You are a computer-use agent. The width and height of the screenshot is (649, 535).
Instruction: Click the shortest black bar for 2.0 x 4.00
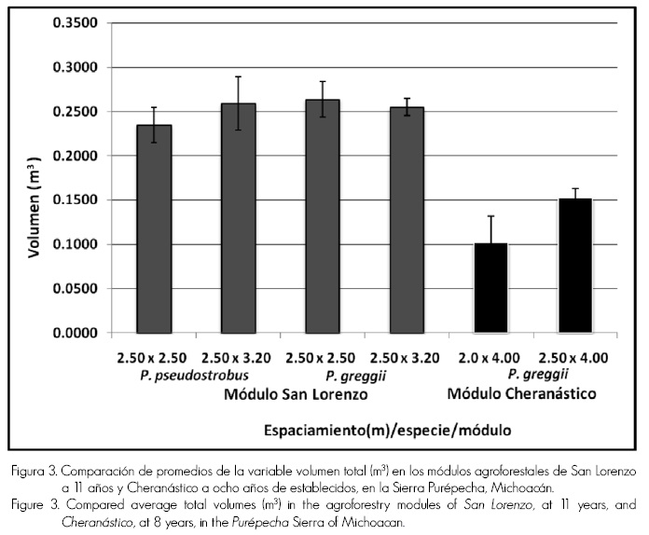tap(491, 288)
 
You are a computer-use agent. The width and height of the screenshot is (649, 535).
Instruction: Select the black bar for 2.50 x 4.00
tap(575, 266)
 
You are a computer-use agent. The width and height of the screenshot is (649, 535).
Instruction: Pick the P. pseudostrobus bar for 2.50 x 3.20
tap(238, 218)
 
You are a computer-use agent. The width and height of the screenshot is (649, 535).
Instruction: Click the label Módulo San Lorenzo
tap(296, 395)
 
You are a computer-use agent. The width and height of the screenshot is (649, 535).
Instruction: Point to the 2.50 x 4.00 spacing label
tap(574, 358)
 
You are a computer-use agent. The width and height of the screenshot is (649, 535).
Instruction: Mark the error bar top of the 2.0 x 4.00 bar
tap(491, 216)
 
